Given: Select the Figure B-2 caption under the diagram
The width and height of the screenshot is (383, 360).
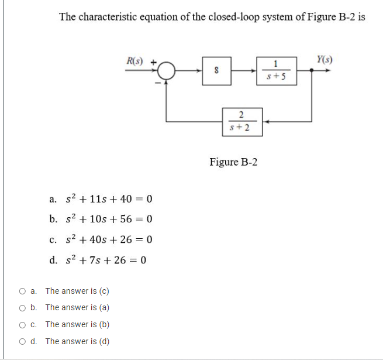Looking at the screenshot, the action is point(233,162).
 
